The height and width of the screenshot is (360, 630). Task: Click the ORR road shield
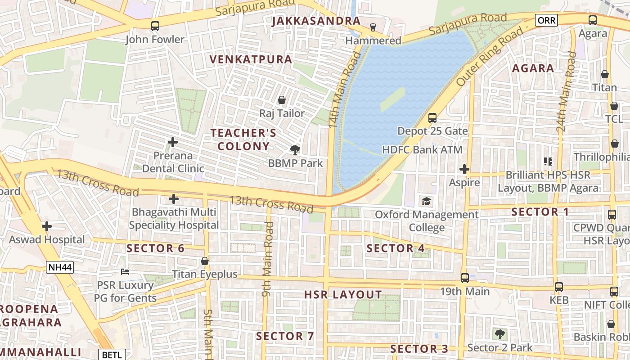pyautogui.click(x=546, y=20)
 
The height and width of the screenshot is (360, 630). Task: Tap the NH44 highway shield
pyautogui.click(x=60, y=267)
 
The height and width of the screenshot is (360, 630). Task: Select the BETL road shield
pyautogui.click(x=112, y=355)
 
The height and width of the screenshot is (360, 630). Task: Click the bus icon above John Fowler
pyautogui.click(x=155, y=26)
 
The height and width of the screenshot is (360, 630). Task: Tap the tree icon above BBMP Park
pyautogui.click(x=295, y=150)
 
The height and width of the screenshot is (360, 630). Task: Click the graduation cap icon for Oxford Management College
pyautogui.click(x=426, y=201)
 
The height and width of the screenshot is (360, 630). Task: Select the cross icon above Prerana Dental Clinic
pyautogui.click(x=172, y=143)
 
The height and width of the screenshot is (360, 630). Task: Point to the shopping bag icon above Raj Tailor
pyautogui.click(x=282, y=100)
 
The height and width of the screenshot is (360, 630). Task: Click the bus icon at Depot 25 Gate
pyautogui.click(x=432, y=118)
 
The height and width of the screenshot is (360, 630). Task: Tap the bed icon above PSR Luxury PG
pyautogui.click(x=125, y=272)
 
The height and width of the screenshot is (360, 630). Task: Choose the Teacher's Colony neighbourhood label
pyautogui.click(x=243, y=139)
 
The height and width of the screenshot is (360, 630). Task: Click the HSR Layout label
pyautogui.click(x=343, y=295)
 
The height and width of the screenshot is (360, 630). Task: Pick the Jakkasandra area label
pyautogui.click(x=316, y=21)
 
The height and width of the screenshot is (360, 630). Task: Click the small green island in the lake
pyautogui.click(x=392, y=99)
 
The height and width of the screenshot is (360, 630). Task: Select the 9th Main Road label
pyautogui.click(x=268, y=259)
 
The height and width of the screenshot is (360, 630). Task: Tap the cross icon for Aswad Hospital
pyautogui.click(x=47, y=226)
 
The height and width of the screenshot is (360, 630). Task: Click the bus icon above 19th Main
pyautogui.click(x=465, y=278)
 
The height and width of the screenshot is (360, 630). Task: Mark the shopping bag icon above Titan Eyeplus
pyautogui.click(x=205, y=261)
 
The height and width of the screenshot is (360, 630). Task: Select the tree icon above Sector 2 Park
pyautogui.click(x=499, y=334)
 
